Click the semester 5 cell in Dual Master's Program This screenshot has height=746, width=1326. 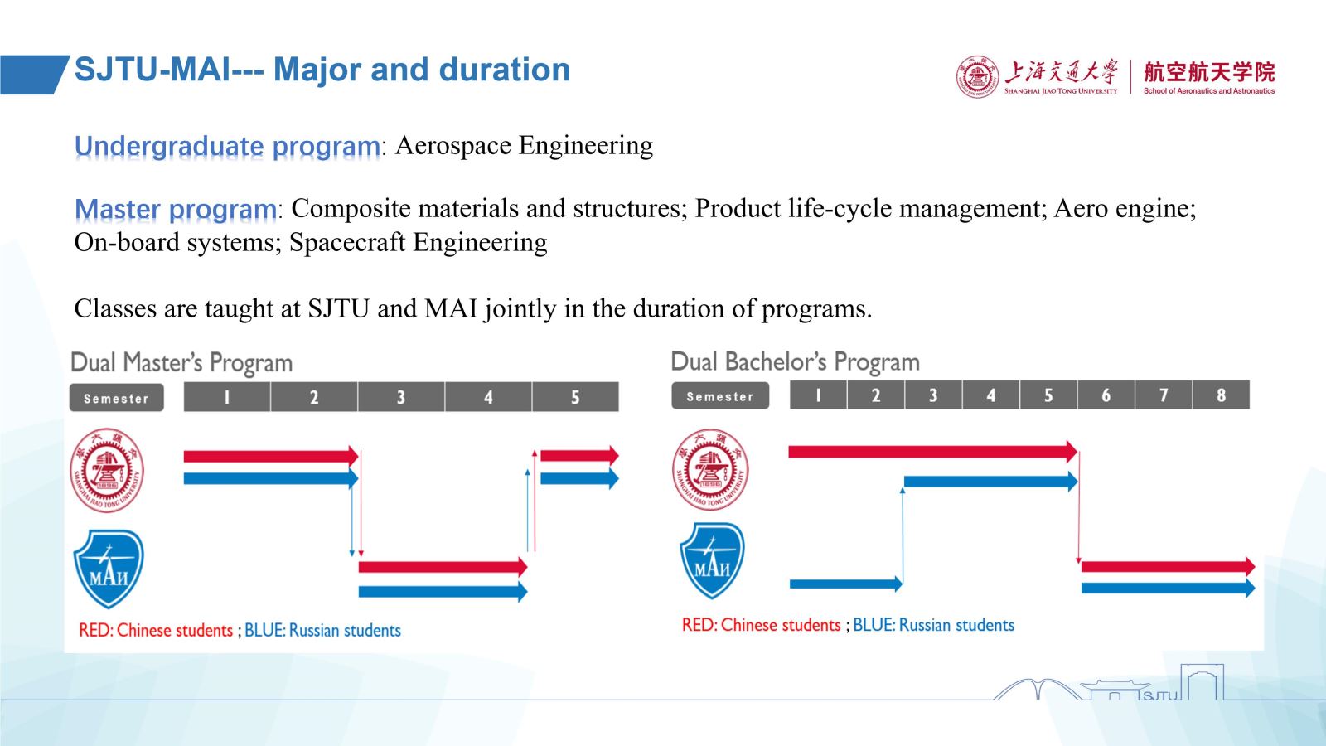(x=575, y=397)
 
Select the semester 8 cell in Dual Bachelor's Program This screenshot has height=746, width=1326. (x=1222, y=395)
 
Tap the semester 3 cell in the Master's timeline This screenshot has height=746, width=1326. (x=401, y=397)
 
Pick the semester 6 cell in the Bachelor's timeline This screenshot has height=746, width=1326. (x=1106, y=395)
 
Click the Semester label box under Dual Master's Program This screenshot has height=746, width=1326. (x=117, y=398)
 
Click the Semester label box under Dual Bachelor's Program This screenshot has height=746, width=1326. (x=720, y=395)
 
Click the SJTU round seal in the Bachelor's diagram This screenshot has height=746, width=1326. (x=710, y=469)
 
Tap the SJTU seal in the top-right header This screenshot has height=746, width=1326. (x=977, y=77)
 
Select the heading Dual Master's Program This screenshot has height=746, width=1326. (x=181, y=362)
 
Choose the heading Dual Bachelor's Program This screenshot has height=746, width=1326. (x=795, y=361)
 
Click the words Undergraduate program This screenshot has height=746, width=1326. (x=227, y=146)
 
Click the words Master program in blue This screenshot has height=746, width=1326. (x=175, y=210)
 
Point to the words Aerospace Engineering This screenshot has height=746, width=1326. (x=524, y=145)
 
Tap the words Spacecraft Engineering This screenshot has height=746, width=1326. (x=418, y=242)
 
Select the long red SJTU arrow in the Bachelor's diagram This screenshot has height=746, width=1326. (x=933, y=452)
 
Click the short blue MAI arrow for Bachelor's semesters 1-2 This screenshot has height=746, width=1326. (x=846, y=584)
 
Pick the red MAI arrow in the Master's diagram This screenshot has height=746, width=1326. (x=443, y=567)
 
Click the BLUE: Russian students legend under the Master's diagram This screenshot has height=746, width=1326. (x=322, y=630)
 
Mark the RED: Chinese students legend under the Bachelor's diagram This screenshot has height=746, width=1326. (x=762, y=625)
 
